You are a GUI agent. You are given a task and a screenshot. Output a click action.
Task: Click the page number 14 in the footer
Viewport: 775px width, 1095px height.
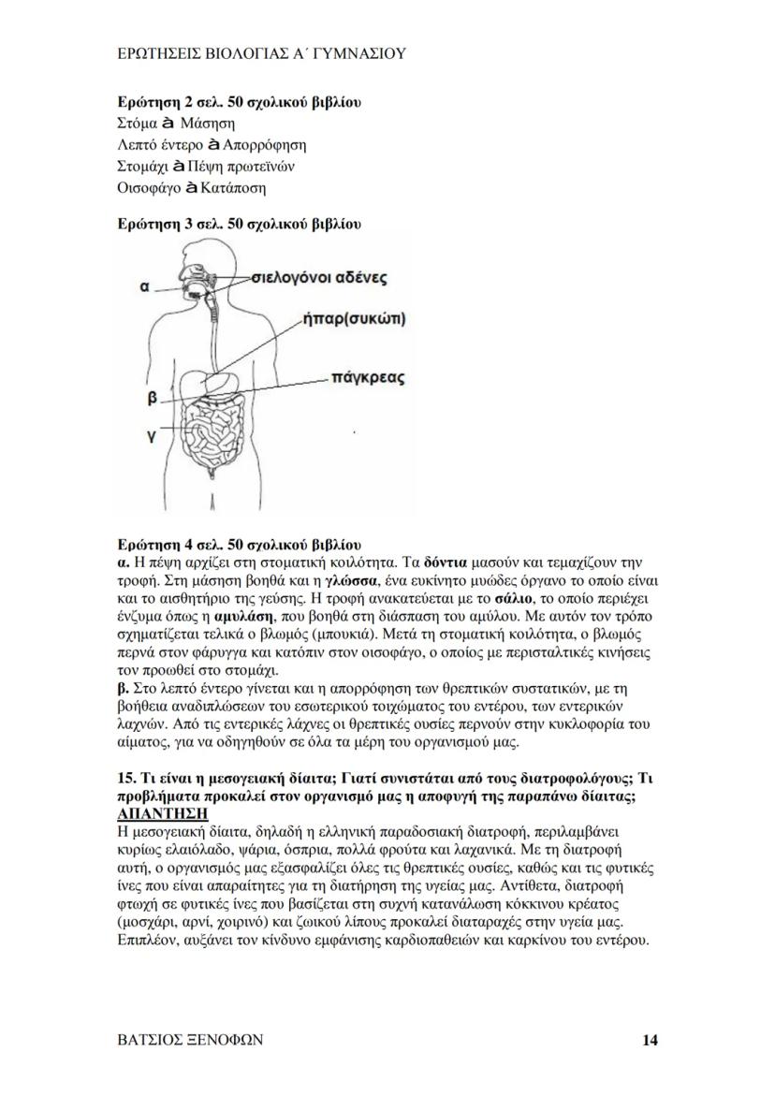coord(651,1040)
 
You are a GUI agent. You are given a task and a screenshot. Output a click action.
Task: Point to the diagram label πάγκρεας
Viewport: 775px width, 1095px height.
coord(368,378)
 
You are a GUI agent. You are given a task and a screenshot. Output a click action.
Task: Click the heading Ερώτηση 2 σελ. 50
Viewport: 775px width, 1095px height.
coord(239,102)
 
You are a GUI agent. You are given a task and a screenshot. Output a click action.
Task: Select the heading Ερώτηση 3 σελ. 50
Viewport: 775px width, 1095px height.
coord(239,224)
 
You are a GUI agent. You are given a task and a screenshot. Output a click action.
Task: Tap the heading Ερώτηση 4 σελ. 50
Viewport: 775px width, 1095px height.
coord(239,544)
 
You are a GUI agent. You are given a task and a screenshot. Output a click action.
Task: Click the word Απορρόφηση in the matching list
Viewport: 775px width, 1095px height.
coord(265,145)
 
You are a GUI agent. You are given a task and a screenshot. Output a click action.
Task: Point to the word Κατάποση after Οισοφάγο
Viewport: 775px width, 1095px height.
coord(232,188)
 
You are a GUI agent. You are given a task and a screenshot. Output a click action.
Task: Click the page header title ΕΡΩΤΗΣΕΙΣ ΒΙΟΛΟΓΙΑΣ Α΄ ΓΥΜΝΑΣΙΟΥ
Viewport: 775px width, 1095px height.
coord(257,54)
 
